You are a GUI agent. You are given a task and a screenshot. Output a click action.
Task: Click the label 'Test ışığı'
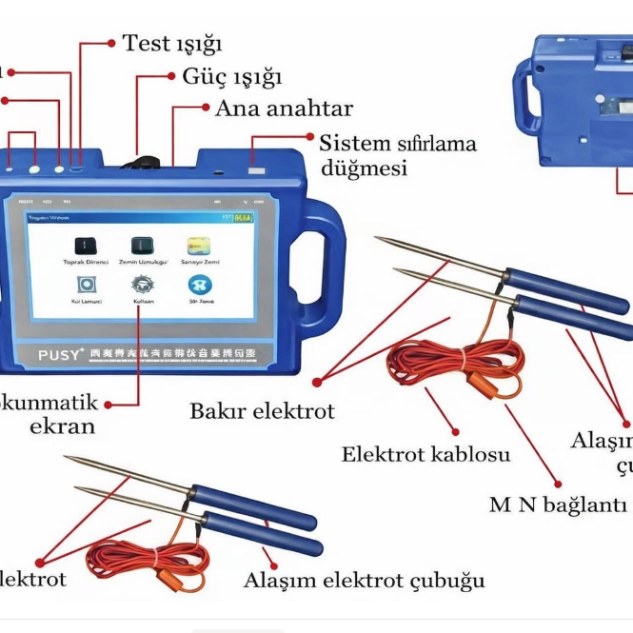click(x=171, y=44)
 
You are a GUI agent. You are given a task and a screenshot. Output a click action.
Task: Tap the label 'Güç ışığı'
click(x=231, y=76)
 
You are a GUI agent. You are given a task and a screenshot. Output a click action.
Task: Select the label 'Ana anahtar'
click(x=284, y=108)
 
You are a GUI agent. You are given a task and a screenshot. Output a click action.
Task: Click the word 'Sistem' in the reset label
click(x=354, y=145)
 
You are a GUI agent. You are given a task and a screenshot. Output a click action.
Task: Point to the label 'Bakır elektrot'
click(x=262, y=411)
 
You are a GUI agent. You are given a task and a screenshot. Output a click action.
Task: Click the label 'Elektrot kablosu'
click(x=425, y=454)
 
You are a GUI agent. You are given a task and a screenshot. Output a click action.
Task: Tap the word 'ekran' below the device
click(x=63, y=426)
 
